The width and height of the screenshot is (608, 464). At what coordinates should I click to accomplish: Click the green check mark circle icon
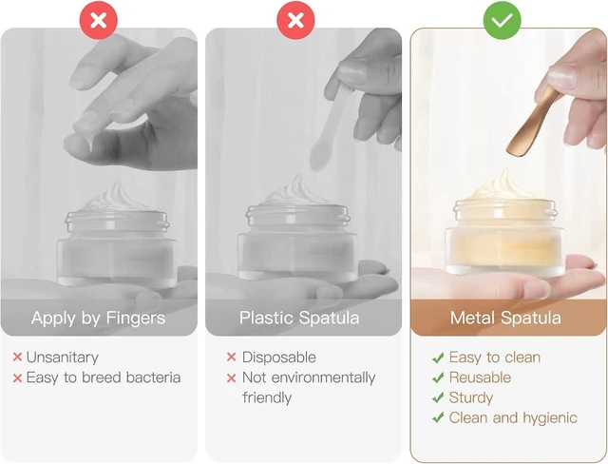(502, 20)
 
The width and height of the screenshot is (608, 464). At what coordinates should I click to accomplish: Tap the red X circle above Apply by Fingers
(99, 20)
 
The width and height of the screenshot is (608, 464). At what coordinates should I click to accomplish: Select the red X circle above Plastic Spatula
(295, 20)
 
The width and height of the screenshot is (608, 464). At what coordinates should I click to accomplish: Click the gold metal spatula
(532, 122)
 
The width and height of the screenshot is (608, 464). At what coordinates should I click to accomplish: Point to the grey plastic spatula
(329, 128)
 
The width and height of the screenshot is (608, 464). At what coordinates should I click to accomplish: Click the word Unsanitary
(63, 358)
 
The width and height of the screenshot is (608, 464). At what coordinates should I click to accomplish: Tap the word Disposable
(278, 358)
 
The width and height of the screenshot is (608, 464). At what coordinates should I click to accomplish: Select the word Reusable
(480, 377)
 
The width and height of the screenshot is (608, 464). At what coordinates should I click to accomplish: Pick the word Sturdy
(471, 397)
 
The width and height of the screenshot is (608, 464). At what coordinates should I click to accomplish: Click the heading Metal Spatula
(505, 319)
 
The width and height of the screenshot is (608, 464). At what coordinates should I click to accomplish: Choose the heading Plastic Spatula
(299, 319)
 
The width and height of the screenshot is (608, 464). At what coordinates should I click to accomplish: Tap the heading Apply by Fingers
(99, 319)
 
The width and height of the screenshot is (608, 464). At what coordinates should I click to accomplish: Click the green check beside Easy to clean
(438, 358)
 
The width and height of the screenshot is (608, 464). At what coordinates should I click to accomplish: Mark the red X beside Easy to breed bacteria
(17, 377)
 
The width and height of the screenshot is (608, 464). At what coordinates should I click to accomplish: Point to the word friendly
(267, 397)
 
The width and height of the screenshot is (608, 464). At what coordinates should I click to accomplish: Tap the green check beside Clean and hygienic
(438, 417)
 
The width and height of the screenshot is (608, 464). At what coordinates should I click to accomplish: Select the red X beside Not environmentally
(232, 377)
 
